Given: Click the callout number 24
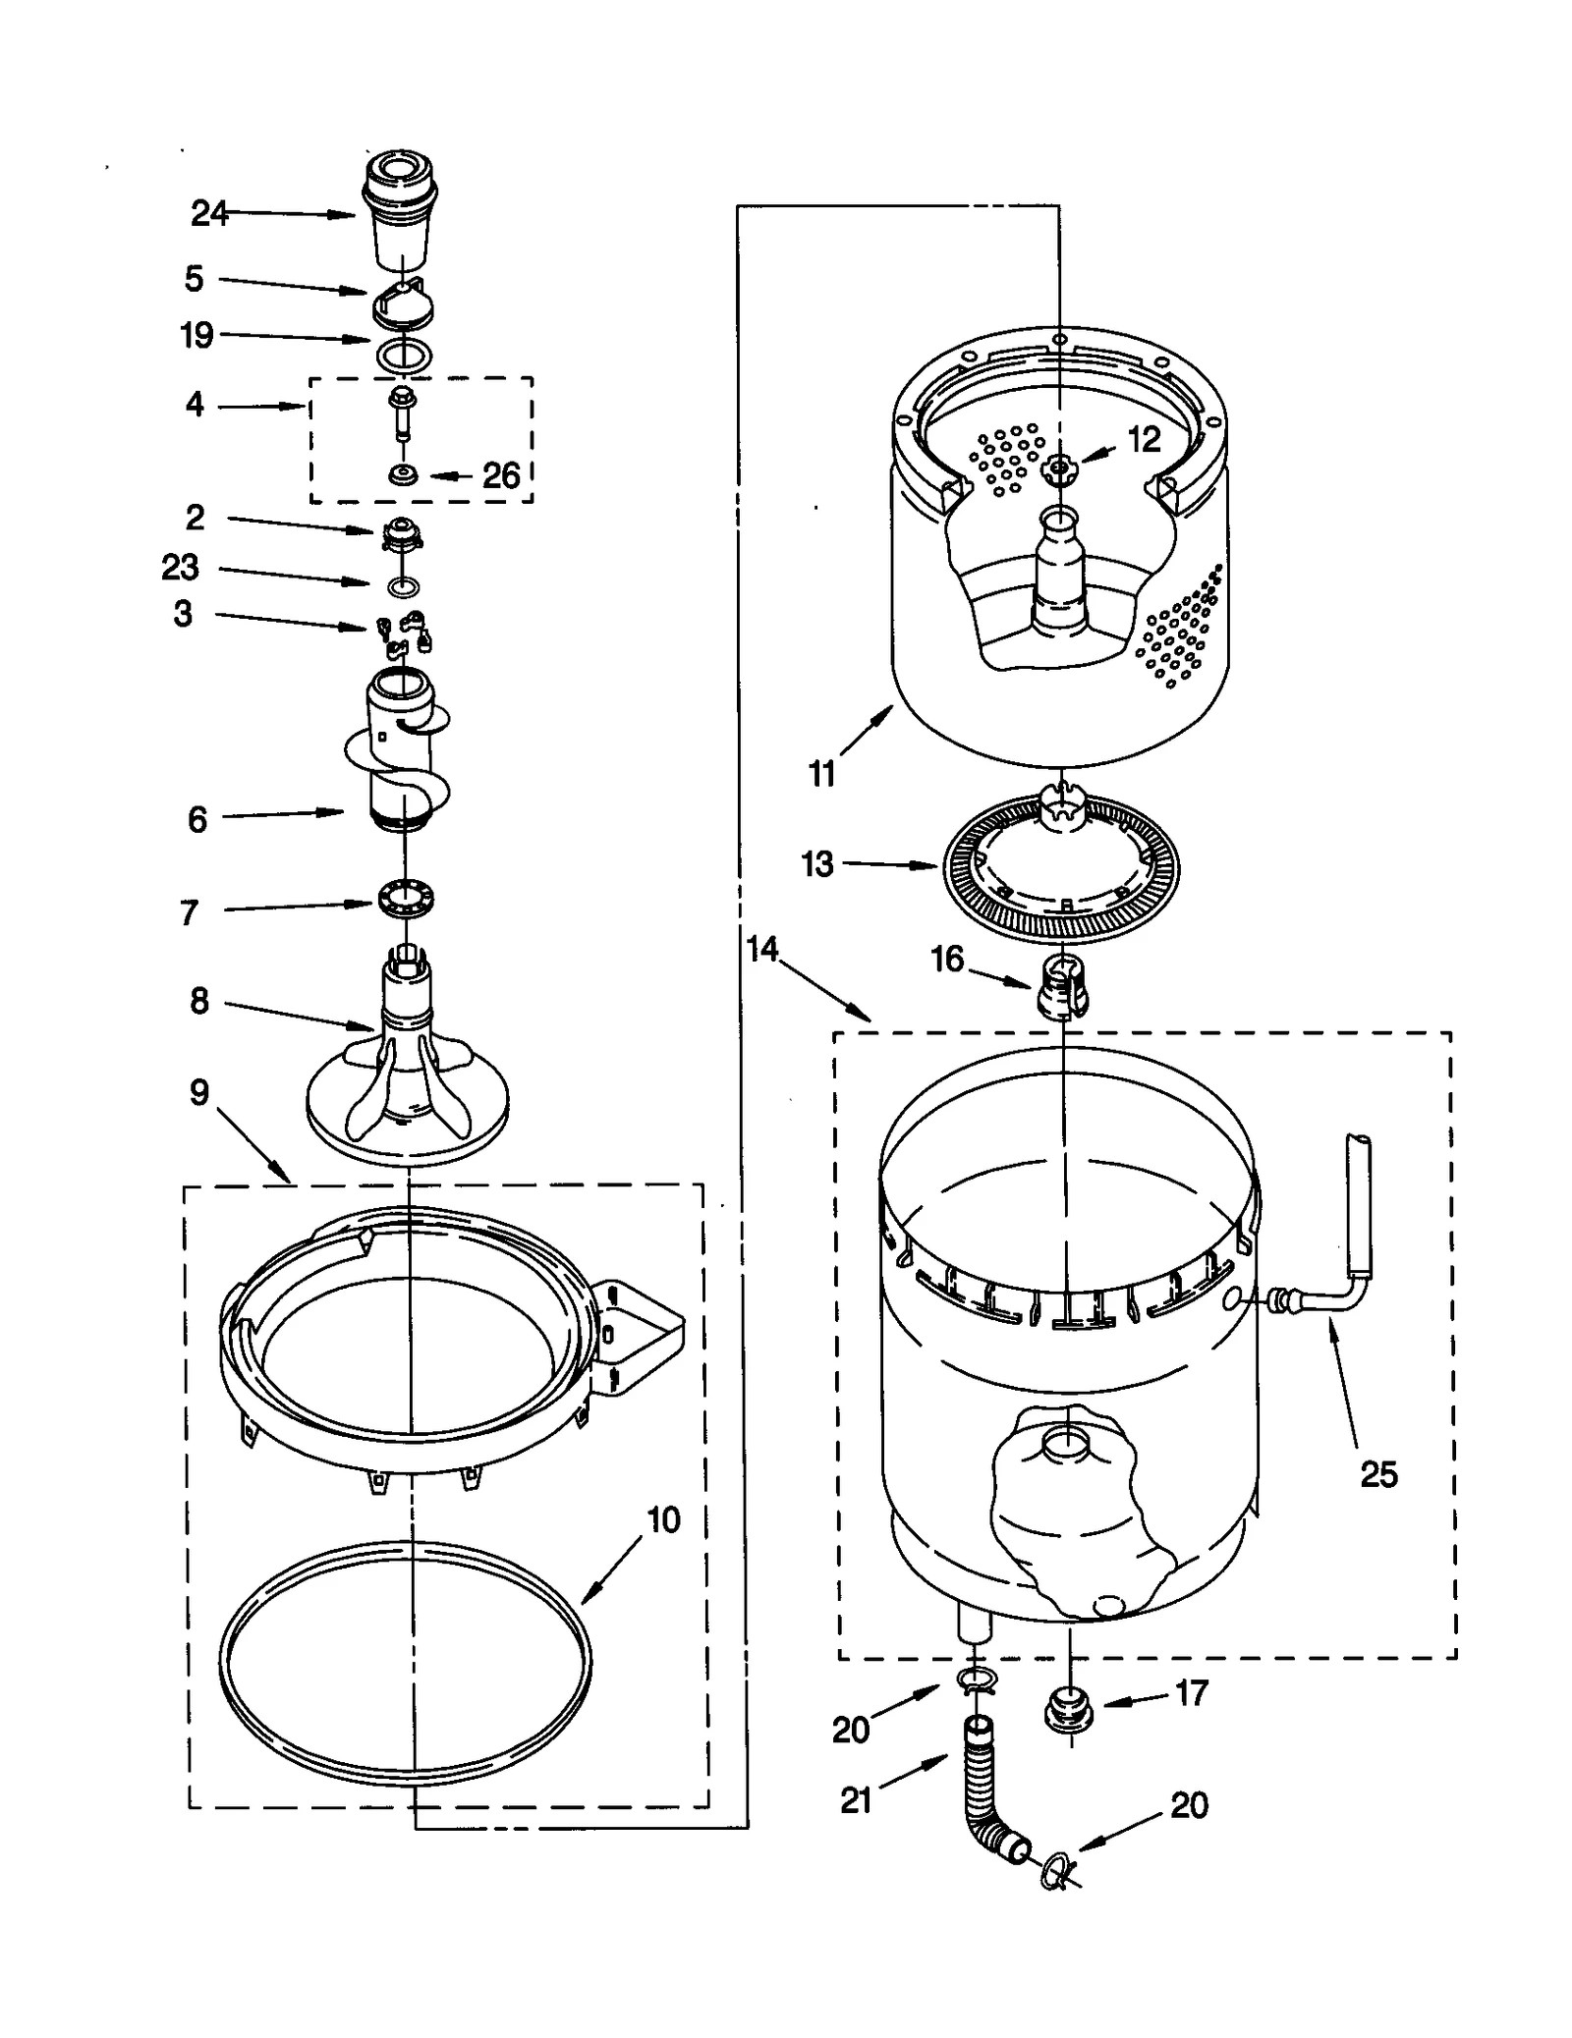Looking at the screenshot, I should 208,213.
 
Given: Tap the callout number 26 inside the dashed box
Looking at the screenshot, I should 500,476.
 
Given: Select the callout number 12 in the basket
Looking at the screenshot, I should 1144,439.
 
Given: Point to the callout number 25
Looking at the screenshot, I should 1378,1473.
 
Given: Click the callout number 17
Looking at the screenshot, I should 1191,1692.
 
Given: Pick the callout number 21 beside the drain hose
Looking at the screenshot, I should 856,1800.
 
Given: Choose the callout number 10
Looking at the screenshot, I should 663,1519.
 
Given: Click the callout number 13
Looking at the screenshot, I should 816,864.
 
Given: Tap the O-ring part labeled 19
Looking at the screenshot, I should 403,354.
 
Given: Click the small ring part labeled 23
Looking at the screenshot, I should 403,587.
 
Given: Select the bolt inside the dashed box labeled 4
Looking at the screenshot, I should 403,413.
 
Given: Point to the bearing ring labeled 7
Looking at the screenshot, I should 405,900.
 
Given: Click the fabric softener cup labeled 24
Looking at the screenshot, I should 401,211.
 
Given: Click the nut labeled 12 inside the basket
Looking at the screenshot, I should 1058,469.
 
